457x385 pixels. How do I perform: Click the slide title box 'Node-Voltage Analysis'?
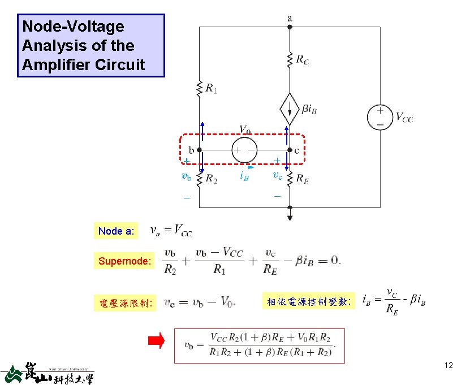point(91,46)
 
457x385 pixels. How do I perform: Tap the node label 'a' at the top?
point(290,18)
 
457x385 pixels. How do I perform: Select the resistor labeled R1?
point(199,88)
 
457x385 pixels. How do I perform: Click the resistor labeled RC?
point(290,60)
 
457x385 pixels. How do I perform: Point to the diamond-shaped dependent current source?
point(290,109)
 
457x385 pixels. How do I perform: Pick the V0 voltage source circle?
point(244,150)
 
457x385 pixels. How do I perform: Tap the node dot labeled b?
point(199,150)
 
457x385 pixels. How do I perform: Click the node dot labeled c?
point(290,150)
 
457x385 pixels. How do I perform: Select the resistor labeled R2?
point(199,179)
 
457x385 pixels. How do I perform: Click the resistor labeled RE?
point(290,179)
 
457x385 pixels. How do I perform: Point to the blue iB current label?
point(244,176)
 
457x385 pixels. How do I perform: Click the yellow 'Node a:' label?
point(116,231)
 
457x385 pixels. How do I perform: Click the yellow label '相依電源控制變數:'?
point(309,302)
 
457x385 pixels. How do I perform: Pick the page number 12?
point(449,366)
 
